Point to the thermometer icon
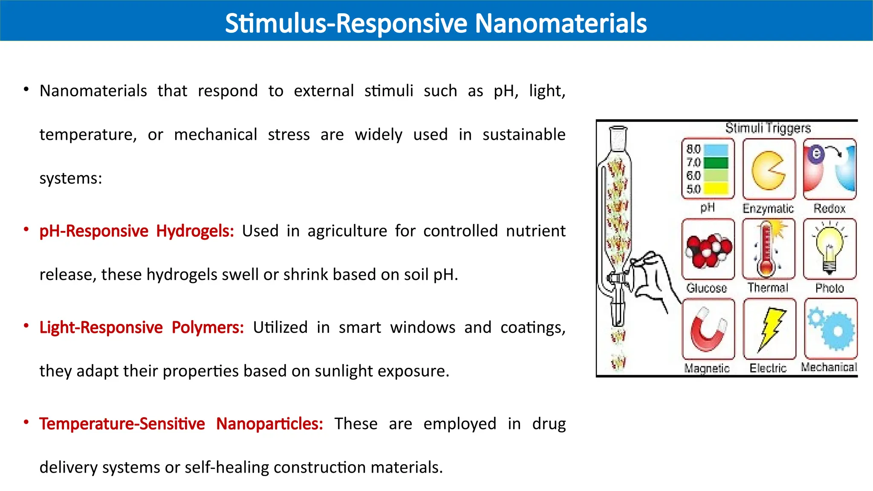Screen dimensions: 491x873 coord(767,249)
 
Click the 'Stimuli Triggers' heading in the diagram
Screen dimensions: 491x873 coord(768,128)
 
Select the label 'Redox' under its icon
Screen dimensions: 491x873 coord(829,208)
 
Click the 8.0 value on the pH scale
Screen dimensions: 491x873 coord(694,149)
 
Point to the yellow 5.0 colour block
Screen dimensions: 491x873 coord(716,188)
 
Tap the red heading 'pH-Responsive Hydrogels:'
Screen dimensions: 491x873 coord(136,231)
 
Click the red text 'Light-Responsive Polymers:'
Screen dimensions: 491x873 coord(142,327)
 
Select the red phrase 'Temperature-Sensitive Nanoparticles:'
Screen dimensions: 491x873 coord(181,424)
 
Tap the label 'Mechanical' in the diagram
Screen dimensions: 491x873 coord(829,367)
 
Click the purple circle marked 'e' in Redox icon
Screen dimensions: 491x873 coord(816,153)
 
